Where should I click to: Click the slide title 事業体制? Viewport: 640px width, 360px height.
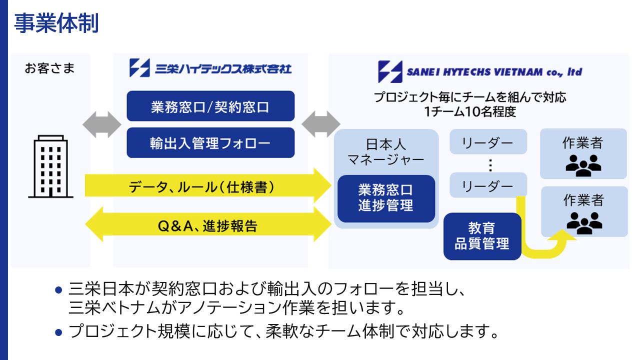tap(56, 23)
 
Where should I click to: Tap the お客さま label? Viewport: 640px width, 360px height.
tap(49, 68)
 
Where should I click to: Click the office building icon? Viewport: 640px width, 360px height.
tap(50, 166)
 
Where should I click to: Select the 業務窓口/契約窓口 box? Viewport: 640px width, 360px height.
tap(210, 106)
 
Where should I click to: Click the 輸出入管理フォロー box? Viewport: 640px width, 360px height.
tap(210, 143)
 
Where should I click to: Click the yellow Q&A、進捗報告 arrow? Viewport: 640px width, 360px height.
tap(207, 226)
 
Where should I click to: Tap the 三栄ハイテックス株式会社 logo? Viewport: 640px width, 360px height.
tap(210, 68)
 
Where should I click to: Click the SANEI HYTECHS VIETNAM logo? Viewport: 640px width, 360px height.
tap(479, 72)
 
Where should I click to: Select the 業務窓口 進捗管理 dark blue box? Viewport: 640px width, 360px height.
tap(386, 198)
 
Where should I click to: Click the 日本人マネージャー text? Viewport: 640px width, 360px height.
tap(386, 152)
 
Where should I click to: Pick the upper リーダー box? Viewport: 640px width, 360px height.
tap(488, 142)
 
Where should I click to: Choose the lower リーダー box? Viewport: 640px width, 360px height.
tap(488, 185)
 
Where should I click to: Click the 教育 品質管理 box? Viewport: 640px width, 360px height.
tap(482, 236)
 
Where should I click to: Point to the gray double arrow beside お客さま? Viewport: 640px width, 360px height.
tap(102, 124)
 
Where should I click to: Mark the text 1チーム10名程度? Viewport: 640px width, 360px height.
tap(470, 111)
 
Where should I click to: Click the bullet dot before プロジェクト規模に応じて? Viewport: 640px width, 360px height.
tap(58, 331)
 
